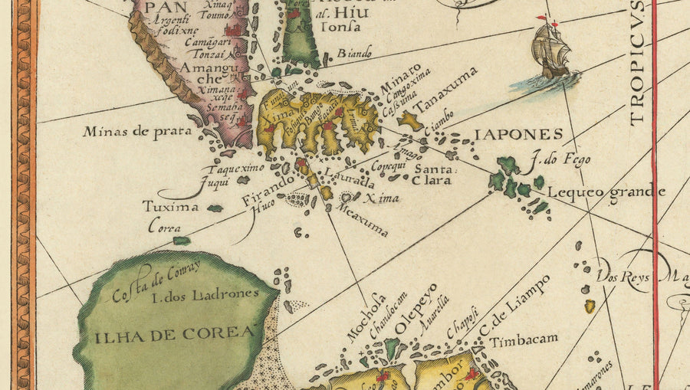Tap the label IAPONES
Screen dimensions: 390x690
coord(518,135)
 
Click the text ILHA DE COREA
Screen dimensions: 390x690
coord(175,333)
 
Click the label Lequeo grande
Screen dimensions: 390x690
coord(606,192)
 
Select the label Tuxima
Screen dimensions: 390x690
coord(170,207)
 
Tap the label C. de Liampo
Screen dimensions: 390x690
coord(515,305)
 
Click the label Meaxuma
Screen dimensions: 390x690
coord(363,218)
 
